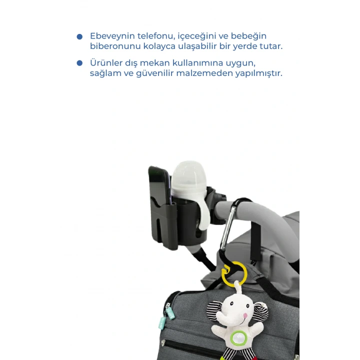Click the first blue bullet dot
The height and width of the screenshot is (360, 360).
[x=79, y=36]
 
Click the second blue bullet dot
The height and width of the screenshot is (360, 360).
[x=79, y=63]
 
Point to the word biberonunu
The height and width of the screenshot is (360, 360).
[x=115, y=46]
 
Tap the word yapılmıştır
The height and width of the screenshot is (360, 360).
[x=259, y=73]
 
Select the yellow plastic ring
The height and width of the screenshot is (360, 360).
[x=234, y=274]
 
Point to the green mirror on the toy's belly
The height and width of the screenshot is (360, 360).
[x=239, y=338]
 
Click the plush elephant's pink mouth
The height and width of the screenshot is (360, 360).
[x=245, y=315]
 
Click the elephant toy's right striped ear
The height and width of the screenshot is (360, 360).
[x=261, y=311]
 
